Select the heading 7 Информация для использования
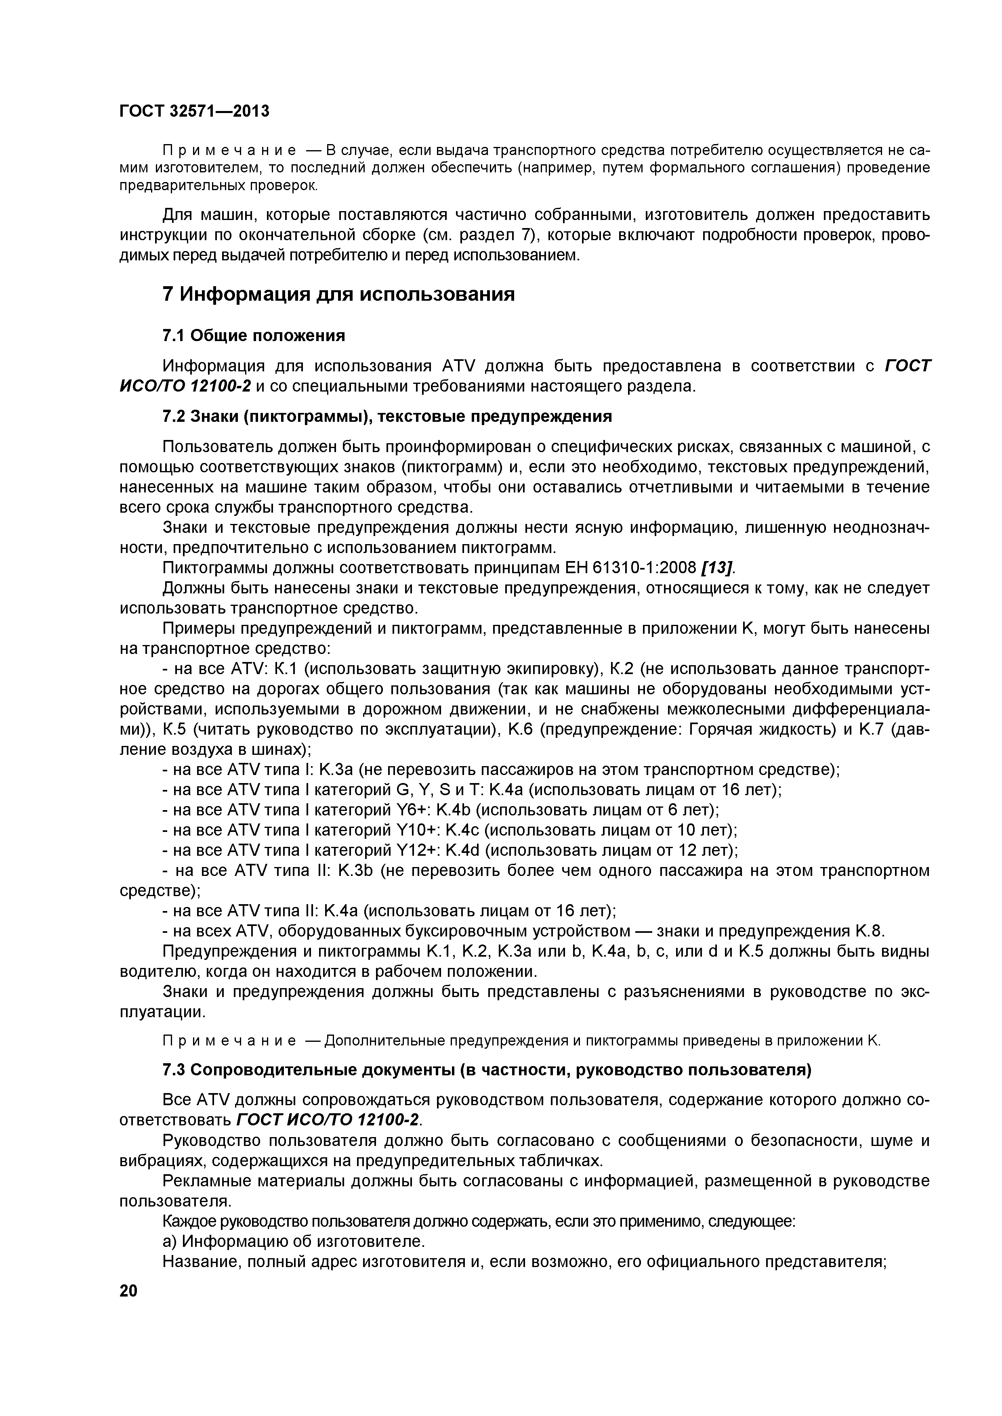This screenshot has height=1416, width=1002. tap(338, 294)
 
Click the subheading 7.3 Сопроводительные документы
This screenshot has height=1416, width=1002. tap(487, 1069)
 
